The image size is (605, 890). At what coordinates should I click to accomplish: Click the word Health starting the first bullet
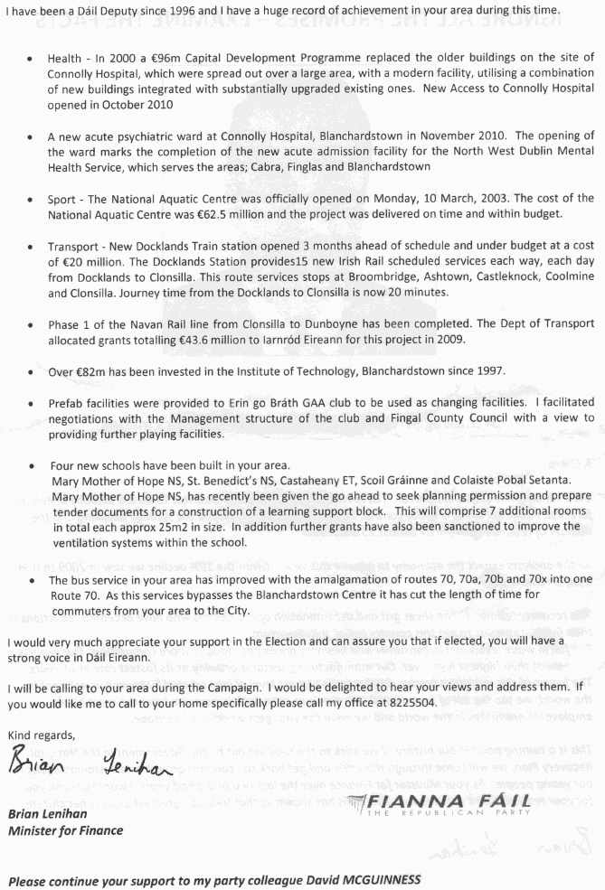67,57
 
